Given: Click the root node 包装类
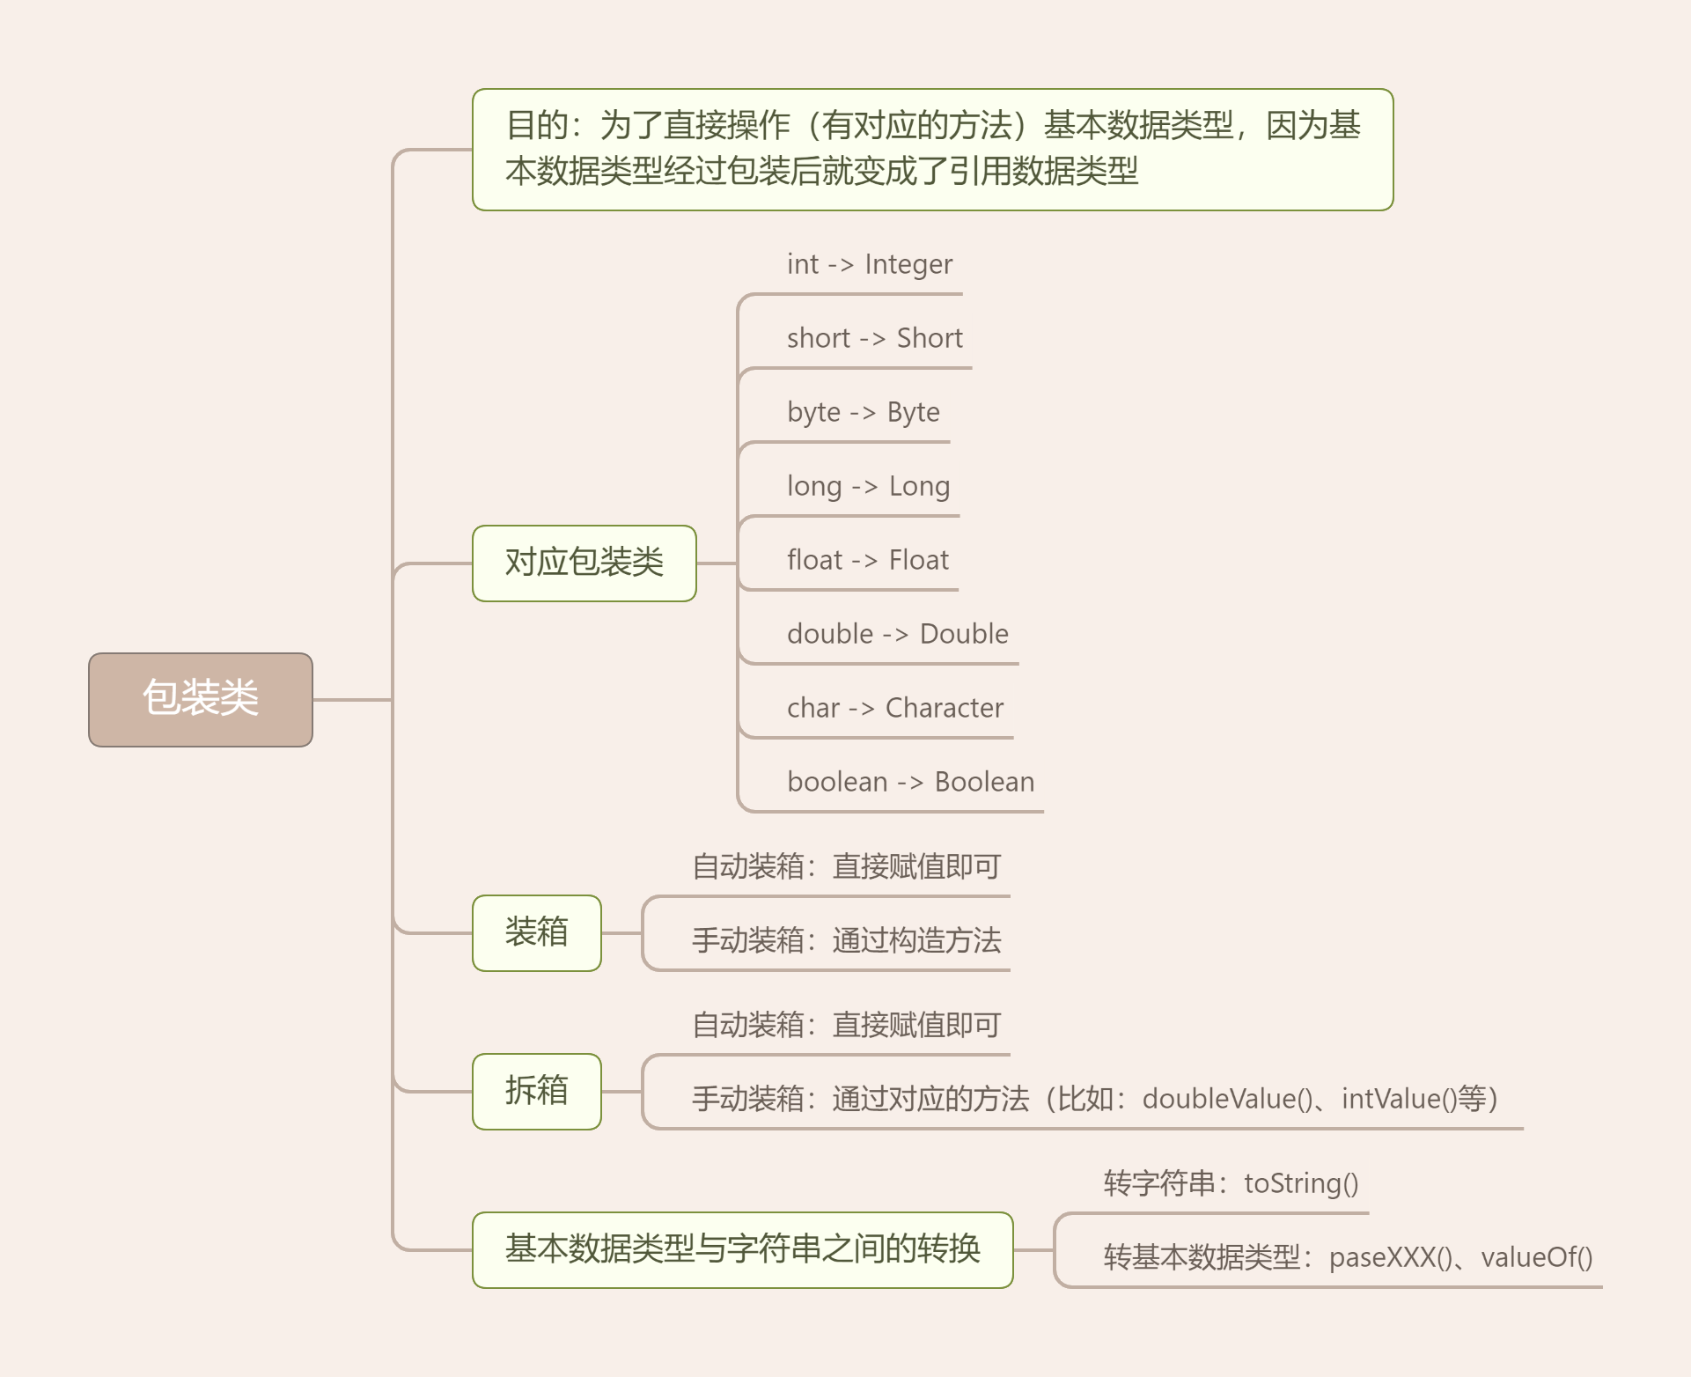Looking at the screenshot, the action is click(x=201, y=699).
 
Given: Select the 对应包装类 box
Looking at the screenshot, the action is click(x=584, y=563).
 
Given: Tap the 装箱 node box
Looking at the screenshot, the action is click(x=536, y=932).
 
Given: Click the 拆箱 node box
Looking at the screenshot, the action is click(x=536, y=1091).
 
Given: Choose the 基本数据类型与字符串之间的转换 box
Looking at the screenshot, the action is click(x=742, y=1249).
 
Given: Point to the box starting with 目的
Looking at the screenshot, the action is click(x=932, y=149).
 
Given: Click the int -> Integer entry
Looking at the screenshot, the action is click(x=869, y=264).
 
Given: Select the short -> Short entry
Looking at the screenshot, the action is click(x=874, y=338).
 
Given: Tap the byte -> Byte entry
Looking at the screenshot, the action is click(x=863, y=412).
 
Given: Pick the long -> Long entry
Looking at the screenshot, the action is click(x=868, y=486).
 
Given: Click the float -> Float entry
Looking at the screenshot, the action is click(x=867, y=560).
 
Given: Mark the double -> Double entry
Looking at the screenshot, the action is click(x=897, y=634).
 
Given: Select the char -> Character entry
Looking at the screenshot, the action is click(x=894, y=708).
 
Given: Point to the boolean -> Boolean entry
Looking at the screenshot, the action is click(x=910, y=782).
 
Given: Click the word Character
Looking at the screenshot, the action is click(x=944, y=708).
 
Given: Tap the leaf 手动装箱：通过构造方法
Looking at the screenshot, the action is click(x=846, y=940).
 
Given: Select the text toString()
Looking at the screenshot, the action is click(x=1301, y=1183).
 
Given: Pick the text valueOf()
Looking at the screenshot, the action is click(x=1536, y=1257).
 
